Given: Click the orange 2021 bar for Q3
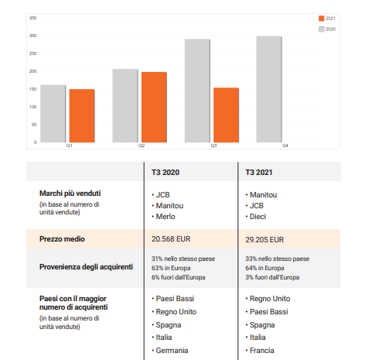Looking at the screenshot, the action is click(226, 115).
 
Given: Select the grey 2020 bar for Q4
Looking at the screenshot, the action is click(269, 89).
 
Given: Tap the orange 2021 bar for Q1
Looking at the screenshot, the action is click(82, 115).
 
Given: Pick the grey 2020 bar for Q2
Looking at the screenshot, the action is click(125, 105).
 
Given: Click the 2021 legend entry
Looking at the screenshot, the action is click(327, 19).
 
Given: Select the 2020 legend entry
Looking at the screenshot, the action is click(327, 29).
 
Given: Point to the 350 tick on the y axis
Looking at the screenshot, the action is click(32, 18).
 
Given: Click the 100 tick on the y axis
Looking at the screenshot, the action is click(32, 107).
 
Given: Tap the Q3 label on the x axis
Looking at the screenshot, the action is click(213, 146).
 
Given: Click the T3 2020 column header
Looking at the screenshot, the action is click(165, 173).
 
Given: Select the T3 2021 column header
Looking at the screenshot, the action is click(259, 173).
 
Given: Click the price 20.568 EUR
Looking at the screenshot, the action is click(171, 239).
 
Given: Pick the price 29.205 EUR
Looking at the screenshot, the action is click(264, 240).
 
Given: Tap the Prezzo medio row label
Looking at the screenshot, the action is click(62, 239).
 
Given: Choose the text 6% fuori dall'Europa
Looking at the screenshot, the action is click(179, 277).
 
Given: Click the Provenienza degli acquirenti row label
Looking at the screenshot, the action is click(86, 267).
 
